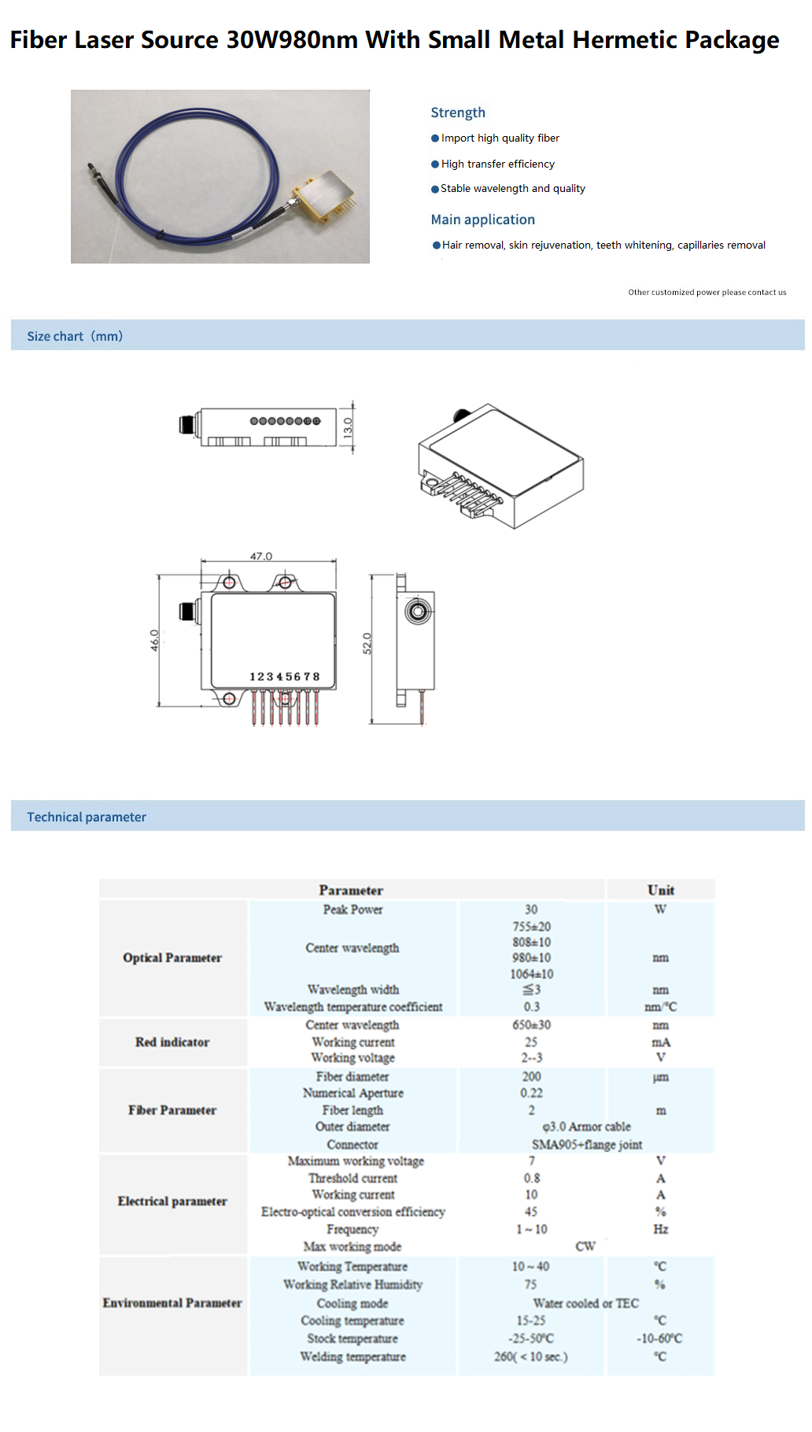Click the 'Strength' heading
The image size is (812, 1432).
458,113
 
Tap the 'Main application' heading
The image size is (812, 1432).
482,220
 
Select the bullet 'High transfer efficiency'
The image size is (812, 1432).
497,164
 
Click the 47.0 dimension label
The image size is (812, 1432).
261,556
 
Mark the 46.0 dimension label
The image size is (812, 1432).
155,640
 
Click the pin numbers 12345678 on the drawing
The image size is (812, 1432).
284,677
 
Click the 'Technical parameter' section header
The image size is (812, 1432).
87,817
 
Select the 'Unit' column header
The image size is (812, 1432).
661,890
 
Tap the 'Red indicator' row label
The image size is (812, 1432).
172,1043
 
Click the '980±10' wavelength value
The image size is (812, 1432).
531,958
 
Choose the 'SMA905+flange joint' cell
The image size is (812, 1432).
587,1145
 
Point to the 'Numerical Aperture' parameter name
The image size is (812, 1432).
352,1093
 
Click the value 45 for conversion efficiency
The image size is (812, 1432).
531,1212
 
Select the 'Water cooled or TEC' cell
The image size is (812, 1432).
585,1303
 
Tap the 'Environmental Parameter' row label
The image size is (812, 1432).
172,1303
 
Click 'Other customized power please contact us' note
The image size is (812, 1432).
707,292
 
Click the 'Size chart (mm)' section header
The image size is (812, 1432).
75,336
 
